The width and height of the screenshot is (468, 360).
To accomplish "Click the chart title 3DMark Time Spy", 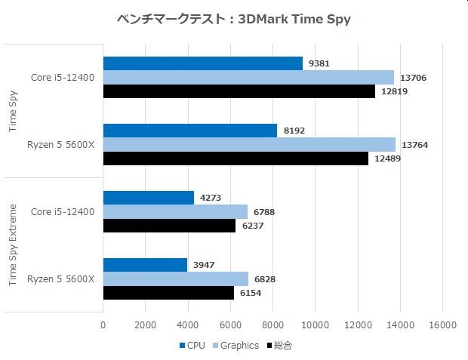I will click(234, 19).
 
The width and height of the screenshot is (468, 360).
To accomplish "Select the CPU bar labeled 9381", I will click(202, 63).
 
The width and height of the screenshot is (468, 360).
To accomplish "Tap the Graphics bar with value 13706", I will click(248, 77).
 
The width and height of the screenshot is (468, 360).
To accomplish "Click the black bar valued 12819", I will click(239, 91).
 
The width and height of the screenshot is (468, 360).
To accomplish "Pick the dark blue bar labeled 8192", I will click(189, 131).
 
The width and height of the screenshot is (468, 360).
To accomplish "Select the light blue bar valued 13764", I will click(249, 144).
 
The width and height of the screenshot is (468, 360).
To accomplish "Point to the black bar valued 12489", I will click(236, 158).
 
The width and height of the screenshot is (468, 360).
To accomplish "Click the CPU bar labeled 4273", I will click(148, 198).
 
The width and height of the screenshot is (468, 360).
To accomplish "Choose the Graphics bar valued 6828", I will click(175, 278).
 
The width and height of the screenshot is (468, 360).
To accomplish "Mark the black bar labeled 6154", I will click(168, 293).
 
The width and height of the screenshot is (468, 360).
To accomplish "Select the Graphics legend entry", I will click(236, 346).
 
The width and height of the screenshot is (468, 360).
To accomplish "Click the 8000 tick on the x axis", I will click(272, 325).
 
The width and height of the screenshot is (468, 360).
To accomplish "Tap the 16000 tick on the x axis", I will click(442, 325).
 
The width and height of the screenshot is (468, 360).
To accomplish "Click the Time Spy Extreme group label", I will click(13, 245).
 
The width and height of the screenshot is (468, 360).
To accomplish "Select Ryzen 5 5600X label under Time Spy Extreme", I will click(61, 279).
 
